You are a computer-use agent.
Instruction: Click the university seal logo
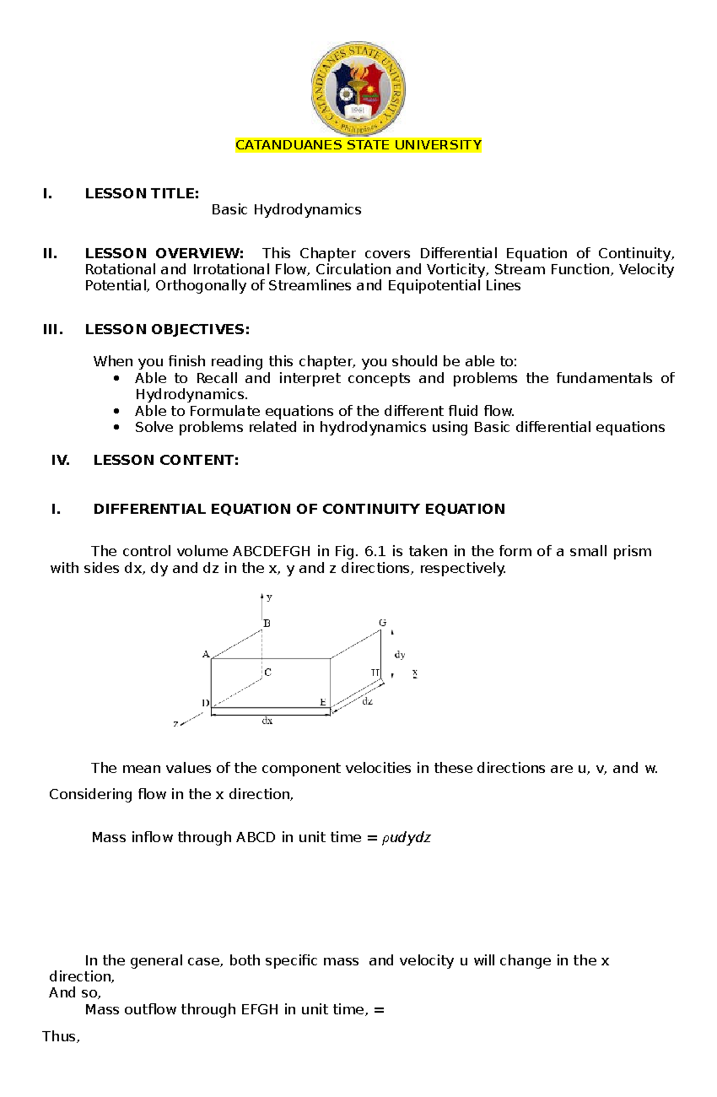coord(358,88)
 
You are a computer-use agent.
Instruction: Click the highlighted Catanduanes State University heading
coord(358,145)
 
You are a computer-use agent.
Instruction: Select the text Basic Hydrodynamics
coord(286,210)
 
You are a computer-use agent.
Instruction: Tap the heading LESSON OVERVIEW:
coord(164,253)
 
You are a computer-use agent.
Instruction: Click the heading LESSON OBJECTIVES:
coord(167,329)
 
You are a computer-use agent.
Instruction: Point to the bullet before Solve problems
coord(117,427)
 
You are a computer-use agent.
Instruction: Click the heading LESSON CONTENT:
coord(166,460)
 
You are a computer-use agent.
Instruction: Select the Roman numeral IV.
coord(60,460)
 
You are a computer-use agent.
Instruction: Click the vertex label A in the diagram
coord(206,655)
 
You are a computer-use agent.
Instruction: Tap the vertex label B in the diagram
coord(267,624)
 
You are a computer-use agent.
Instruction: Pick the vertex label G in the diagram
coord(382,623)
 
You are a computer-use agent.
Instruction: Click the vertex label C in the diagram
coord(268,673)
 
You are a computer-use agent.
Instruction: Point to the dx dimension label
coord(267,722)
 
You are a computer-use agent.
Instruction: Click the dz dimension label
coord(367,702)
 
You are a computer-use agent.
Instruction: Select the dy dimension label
coord(400,655)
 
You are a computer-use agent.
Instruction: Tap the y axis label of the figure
coord(269,597)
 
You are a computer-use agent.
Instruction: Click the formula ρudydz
coord(406,838)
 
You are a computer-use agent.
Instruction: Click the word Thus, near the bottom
coord(61,1037)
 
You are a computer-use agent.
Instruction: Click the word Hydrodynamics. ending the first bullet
coord(191,395)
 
